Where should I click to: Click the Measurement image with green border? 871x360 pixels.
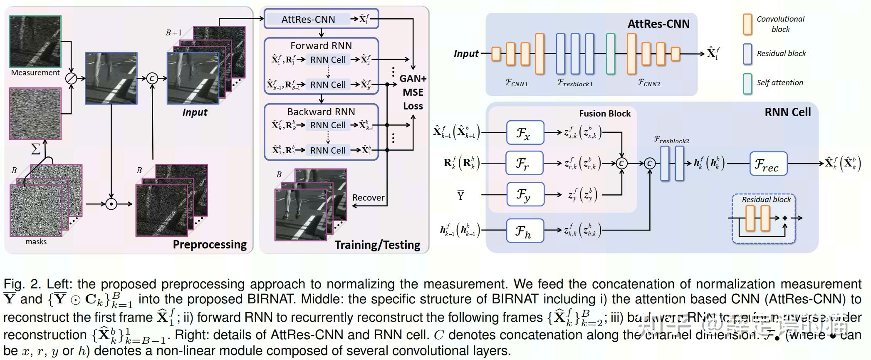(35, 41)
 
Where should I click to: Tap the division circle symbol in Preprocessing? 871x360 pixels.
(72, 78)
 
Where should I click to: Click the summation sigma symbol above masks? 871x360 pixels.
(36, 149)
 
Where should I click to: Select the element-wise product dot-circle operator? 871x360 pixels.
(111, 204)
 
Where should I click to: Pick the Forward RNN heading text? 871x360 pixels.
(321, 45)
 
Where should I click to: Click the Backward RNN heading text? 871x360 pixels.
(321, 112)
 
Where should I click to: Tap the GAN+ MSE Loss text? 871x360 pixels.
(413, 92)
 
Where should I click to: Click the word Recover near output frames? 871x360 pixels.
(368, 198)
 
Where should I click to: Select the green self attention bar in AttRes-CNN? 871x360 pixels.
(610, 54)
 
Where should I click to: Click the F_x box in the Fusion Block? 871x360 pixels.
(525, 133)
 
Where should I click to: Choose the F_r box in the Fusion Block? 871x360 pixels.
(525, 163)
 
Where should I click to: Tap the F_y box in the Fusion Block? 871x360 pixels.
(525, 194)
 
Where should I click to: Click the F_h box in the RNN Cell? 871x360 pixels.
(525, 231)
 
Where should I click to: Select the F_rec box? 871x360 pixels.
(768, 163)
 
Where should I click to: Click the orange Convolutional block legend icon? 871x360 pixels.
(747, 24)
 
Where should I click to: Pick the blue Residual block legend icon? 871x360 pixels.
(747, 54)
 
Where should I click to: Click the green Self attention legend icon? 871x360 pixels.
(747, 84)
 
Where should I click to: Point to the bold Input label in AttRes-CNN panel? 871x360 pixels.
(466, 54)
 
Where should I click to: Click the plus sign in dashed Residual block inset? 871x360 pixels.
(784, 218)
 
